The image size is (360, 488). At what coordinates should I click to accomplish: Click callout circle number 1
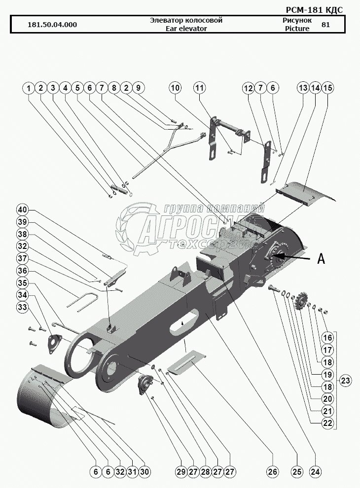click(29, 88)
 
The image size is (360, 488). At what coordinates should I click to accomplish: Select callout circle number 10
click(176, 88)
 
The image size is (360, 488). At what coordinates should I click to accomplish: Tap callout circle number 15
click(327, 88)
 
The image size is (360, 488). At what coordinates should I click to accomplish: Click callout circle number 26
click(273, 472)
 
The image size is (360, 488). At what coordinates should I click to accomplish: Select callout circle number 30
click(144, 472)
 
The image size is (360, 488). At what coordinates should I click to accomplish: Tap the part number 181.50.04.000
click(52, 25)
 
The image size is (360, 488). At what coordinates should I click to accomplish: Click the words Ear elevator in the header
click(186, 29)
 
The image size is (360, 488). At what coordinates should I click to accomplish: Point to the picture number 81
click(325, 25)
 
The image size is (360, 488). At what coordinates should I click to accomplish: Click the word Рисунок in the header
click(297, 21)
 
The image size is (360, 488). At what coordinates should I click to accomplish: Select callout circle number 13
click(303, 88)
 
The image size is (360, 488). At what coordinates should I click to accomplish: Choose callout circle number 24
click(315, 472)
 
